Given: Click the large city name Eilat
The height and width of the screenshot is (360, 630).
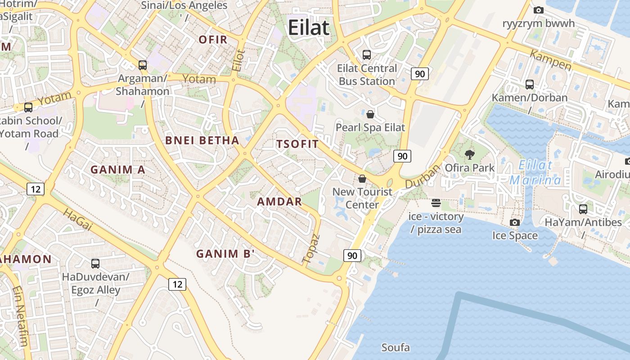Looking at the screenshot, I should click(x=309, y=27).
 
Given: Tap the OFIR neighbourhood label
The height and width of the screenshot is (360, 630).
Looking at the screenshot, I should click(x=213, y=40).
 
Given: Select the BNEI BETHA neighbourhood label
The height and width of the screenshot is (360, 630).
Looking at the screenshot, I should click(x=202, y=140).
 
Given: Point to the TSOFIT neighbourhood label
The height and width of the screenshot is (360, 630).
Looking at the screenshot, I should click(x=297, y=144).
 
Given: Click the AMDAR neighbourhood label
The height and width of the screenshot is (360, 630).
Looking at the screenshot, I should click(x=279, y=202).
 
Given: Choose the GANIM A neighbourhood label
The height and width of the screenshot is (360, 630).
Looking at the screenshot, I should click(x=118, y=170).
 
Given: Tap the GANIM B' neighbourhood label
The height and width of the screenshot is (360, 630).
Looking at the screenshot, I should click(x=225, y=254).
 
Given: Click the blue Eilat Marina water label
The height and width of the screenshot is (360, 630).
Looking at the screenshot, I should click(x=535, y=173).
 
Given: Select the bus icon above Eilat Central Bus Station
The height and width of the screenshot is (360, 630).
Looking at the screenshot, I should click(x=367, y=55).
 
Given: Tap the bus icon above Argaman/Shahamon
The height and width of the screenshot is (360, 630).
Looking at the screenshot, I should click(x=143, y=65).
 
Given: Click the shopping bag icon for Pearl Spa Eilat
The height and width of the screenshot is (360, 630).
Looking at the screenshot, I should click(x=370, y=114).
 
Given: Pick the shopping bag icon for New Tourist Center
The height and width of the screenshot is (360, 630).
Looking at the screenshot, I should click(x=362, y=179).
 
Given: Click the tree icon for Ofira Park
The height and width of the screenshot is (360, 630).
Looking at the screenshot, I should click(x=470, y=155).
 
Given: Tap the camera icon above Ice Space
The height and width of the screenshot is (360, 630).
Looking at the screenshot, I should click(x=515, y=222).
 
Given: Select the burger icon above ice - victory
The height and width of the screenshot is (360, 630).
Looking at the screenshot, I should click(x=436, y=203).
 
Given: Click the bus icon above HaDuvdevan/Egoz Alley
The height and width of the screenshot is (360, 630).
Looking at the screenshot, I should click(x=95, y=264).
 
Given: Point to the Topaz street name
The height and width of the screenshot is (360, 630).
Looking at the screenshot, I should click(x=311, y=248).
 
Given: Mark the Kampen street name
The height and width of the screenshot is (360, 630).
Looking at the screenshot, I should click(x=550, y=60).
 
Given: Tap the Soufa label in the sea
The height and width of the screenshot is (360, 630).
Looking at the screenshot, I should click(x=396, y=347).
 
